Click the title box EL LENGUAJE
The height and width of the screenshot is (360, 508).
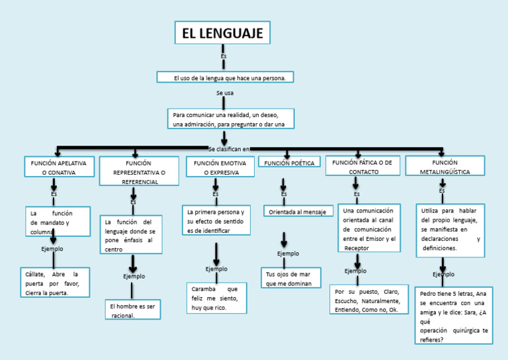(222, 32)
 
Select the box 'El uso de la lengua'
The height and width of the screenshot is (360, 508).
(225, 77)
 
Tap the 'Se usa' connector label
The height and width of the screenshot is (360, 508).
(225, 93)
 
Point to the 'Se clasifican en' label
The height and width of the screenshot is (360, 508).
(229, 149)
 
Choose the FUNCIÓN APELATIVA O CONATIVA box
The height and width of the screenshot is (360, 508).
(59, 167)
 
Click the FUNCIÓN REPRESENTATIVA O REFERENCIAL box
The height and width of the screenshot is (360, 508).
(139, 171)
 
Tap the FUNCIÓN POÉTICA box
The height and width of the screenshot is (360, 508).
(289, 162)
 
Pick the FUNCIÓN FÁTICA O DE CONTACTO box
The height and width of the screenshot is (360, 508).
(362, 166)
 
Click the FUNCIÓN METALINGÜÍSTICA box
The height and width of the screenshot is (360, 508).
(444, 166)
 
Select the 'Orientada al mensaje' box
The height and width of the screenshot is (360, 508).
(298, 212)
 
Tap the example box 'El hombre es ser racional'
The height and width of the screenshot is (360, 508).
(132, 310)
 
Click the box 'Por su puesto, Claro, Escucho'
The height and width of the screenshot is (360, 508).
(367, 300)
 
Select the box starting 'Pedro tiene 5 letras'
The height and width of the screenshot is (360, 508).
(454, 316)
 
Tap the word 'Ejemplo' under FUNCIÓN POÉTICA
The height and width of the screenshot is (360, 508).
(288, 253)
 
